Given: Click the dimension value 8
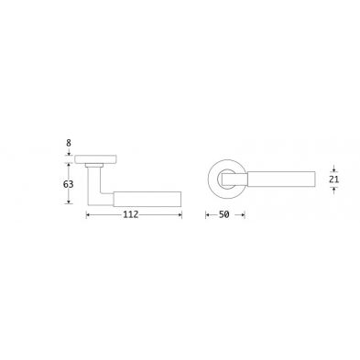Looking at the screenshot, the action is point(69,143).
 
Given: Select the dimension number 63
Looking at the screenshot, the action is point(68,184).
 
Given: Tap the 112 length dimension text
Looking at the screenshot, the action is point(131,214).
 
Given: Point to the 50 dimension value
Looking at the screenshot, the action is point(224,214).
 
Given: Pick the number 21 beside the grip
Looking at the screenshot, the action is point(334,180).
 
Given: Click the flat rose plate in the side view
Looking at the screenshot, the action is point(96,158).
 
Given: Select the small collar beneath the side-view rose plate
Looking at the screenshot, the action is point(94,165).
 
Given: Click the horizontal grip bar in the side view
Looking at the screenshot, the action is point(147,199).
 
